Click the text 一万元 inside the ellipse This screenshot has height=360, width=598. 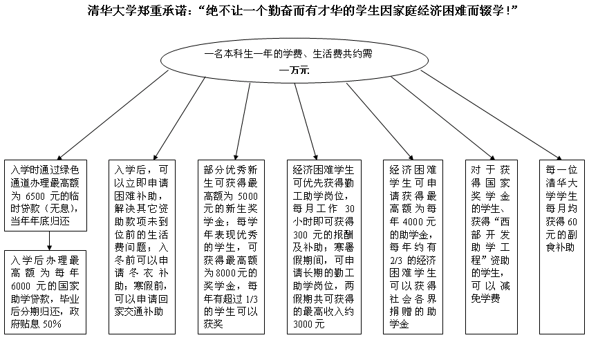(294, 70)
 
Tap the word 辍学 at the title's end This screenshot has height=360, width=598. (495, 12)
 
